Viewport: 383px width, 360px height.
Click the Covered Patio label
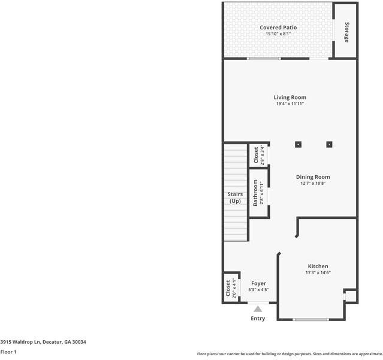point(278,28)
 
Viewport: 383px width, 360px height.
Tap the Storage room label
point(347,32)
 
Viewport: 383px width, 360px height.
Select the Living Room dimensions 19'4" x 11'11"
point(290,103)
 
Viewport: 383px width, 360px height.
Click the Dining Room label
point(313,177)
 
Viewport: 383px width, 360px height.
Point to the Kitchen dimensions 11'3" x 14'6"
point(318,272)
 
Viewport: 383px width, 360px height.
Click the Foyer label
point(258,283)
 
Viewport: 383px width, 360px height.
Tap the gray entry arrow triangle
point(258,309)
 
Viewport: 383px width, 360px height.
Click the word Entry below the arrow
point(258,318)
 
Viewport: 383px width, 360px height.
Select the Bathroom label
point(255,193)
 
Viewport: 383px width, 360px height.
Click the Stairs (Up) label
point(235,197)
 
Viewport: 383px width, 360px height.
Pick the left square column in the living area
point(298,145)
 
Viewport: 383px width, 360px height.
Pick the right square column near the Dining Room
point(329,145)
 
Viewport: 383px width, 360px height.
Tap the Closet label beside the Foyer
point(228,288)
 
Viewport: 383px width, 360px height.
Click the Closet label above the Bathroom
point(256,155)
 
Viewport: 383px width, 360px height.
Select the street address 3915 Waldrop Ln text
point(20,342)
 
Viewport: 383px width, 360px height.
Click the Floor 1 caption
point(8,352)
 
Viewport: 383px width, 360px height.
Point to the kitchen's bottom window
point(310,319)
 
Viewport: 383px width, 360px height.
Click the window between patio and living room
point(264,58)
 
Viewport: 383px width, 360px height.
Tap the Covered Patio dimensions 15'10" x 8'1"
point(278,34)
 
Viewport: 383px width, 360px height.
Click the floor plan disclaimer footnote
point(289,354)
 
